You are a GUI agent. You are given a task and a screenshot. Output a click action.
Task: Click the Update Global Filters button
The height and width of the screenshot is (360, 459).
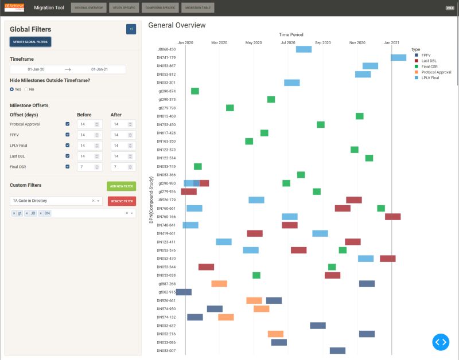pyautogui.click(x=30, y=42)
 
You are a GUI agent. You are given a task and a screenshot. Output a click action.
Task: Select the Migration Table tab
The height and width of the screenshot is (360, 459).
pyautogui.click(x=197, y=8)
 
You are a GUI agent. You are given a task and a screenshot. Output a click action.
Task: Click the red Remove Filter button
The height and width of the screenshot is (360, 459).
pyautogui.click(x=122, y=201)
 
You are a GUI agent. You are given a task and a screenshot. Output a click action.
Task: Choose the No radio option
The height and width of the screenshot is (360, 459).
pyautogui.click(x=26, y=89)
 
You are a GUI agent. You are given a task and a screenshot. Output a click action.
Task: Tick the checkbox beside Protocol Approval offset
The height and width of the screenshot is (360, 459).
pyautogui.click(x=68, y=124)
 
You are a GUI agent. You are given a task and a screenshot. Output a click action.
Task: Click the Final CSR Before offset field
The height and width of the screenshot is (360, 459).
pyautogui.click(x=86, y=167)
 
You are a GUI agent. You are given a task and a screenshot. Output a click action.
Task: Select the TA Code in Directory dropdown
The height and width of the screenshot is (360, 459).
pyautogui.click(x=52, y=201)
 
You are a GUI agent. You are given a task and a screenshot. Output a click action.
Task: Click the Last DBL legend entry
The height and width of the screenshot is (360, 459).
pyautogui.click(x=429, y=61)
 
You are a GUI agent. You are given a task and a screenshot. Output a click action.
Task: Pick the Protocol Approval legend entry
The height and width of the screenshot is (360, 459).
pyautogui.click(x=435, y=72)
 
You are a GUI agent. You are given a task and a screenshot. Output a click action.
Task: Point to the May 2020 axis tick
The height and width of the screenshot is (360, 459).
pyautogui.click(x=253, y=42)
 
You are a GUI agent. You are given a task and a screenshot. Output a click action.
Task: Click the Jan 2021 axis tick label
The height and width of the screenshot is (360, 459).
pyautogui.click(x=392, y=42)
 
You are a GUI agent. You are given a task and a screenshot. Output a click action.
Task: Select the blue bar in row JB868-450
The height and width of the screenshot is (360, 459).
pyautogui.click(x=304, y=49)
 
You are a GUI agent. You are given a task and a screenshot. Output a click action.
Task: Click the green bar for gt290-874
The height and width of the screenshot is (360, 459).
pyautogui.click(x=195, y=91)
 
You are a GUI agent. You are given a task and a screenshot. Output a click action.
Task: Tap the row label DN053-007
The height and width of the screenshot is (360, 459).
pyautogui.click(x=166, y=350)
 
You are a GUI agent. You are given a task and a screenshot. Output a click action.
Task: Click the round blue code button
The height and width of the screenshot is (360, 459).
pyautogui.click(x=440, y=342)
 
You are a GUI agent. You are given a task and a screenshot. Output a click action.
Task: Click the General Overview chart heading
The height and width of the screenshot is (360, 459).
pyautogui.click(x=177, y=25)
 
